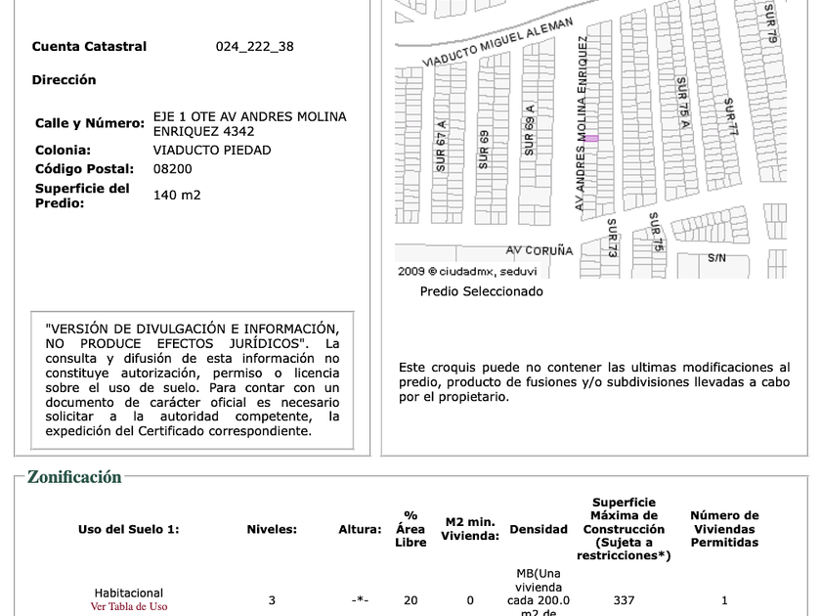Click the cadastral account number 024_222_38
pos(254,46)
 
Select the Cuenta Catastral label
pos(89,46)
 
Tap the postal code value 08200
pos(173,168)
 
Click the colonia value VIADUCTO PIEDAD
pos(212,150)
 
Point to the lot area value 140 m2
pos(177,195)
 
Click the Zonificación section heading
pos(74,477)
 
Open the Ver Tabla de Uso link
pos(129,606)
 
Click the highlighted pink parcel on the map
pos(591,139)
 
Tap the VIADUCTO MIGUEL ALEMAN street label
pos(497,42)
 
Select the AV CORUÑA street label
pos(540,250)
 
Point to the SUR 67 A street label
pos(442,146)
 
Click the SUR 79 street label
pos(771,22)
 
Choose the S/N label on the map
pos(716,258)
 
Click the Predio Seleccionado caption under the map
pos(481,291)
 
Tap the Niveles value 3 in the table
pos(272,600)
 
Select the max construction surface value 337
pos(624,600)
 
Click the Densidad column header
pos(539,529)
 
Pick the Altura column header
pos(360,529)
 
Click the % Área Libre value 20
pos(410,600)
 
